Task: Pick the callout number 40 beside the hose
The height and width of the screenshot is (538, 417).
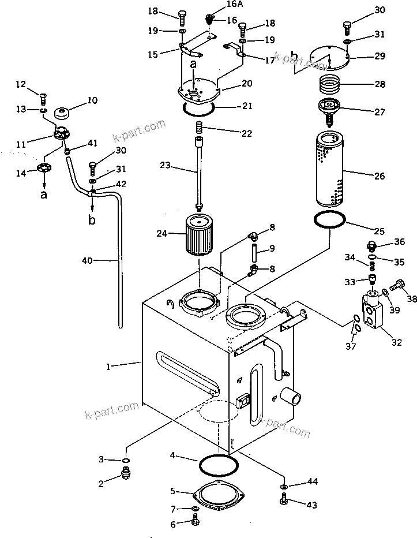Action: [x=87, y=261]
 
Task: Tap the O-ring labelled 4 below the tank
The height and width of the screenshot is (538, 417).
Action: [x=217, y=463]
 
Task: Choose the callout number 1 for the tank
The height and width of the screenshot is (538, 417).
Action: [x=110, y=365]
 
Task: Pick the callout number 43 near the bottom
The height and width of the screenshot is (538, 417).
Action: [x=311, y=506]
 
